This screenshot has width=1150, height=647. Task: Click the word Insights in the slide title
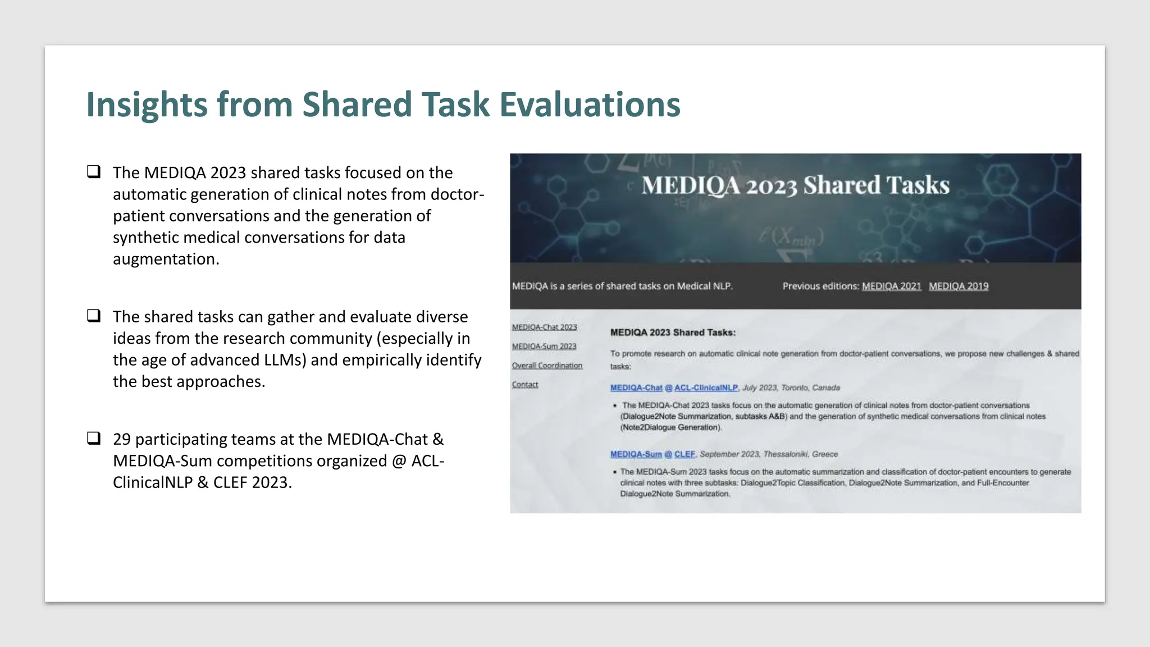coord(147,105)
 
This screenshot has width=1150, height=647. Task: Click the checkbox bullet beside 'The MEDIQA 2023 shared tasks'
coord(94,171)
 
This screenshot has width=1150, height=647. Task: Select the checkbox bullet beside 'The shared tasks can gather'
coord(94,316)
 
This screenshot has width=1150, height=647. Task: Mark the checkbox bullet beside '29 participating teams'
coord(94,438)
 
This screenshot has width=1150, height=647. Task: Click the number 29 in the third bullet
coord(121,439)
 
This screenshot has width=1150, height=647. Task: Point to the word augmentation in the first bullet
coord(165,259)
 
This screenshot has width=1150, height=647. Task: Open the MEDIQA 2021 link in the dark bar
coord(891,286)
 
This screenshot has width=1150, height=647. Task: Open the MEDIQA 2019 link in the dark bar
coord(958,286)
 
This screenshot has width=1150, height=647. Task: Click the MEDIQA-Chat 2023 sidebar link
coord(544,327)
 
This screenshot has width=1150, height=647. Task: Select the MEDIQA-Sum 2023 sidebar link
coord(544,347)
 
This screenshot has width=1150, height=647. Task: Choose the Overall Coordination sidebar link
coord(547,366)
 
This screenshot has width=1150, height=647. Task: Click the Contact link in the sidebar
coord(524,385)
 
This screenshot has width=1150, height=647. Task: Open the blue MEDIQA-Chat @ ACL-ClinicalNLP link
coord(674,388)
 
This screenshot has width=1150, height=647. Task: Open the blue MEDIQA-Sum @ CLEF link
coord(652,454)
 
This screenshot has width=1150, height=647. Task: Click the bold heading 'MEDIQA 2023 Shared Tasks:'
coord(673,332)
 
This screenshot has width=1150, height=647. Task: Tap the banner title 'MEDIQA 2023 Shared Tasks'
coord(795,185)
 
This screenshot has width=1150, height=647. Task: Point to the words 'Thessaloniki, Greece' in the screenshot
coord(800,454)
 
